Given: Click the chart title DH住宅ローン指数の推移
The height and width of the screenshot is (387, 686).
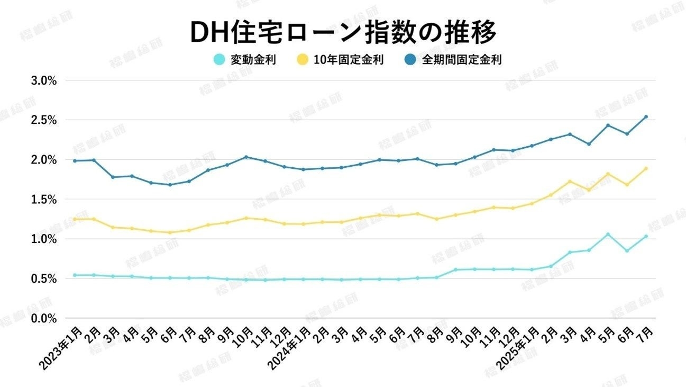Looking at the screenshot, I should (x=343, y=33).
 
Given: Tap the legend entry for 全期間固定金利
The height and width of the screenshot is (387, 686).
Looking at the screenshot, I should (x=453, y=60).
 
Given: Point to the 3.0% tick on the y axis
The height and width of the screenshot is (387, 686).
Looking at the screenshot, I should (x=45, y=80).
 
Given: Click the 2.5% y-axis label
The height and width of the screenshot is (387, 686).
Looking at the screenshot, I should (x=45, y=120).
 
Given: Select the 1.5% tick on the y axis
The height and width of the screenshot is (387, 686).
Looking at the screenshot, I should (x=45, y=200).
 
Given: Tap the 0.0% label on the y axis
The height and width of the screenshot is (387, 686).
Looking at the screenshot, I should (x=45, y=318).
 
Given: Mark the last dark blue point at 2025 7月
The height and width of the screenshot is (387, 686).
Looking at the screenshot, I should (x=646, y=117).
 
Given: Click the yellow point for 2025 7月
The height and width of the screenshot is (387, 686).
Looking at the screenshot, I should (x=646, y=169).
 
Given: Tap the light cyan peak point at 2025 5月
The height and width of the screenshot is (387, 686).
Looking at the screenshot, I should (x=608, y=234).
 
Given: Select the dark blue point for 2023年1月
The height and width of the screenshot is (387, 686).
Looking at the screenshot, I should (x=75, y=161).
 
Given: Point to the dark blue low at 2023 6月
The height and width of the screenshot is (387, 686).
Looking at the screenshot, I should (x=170, y=185).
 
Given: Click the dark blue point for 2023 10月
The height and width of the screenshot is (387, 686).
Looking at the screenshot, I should (x=246, y=157).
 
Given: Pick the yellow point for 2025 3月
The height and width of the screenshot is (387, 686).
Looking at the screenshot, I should (x=570, y=182).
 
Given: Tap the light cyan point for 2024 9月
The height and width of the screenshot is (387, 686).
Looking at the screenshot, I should (x=455, y=270).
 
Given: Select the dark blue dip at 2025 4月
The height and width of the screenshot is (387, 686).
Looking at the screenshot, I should (x=589, y=144).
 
